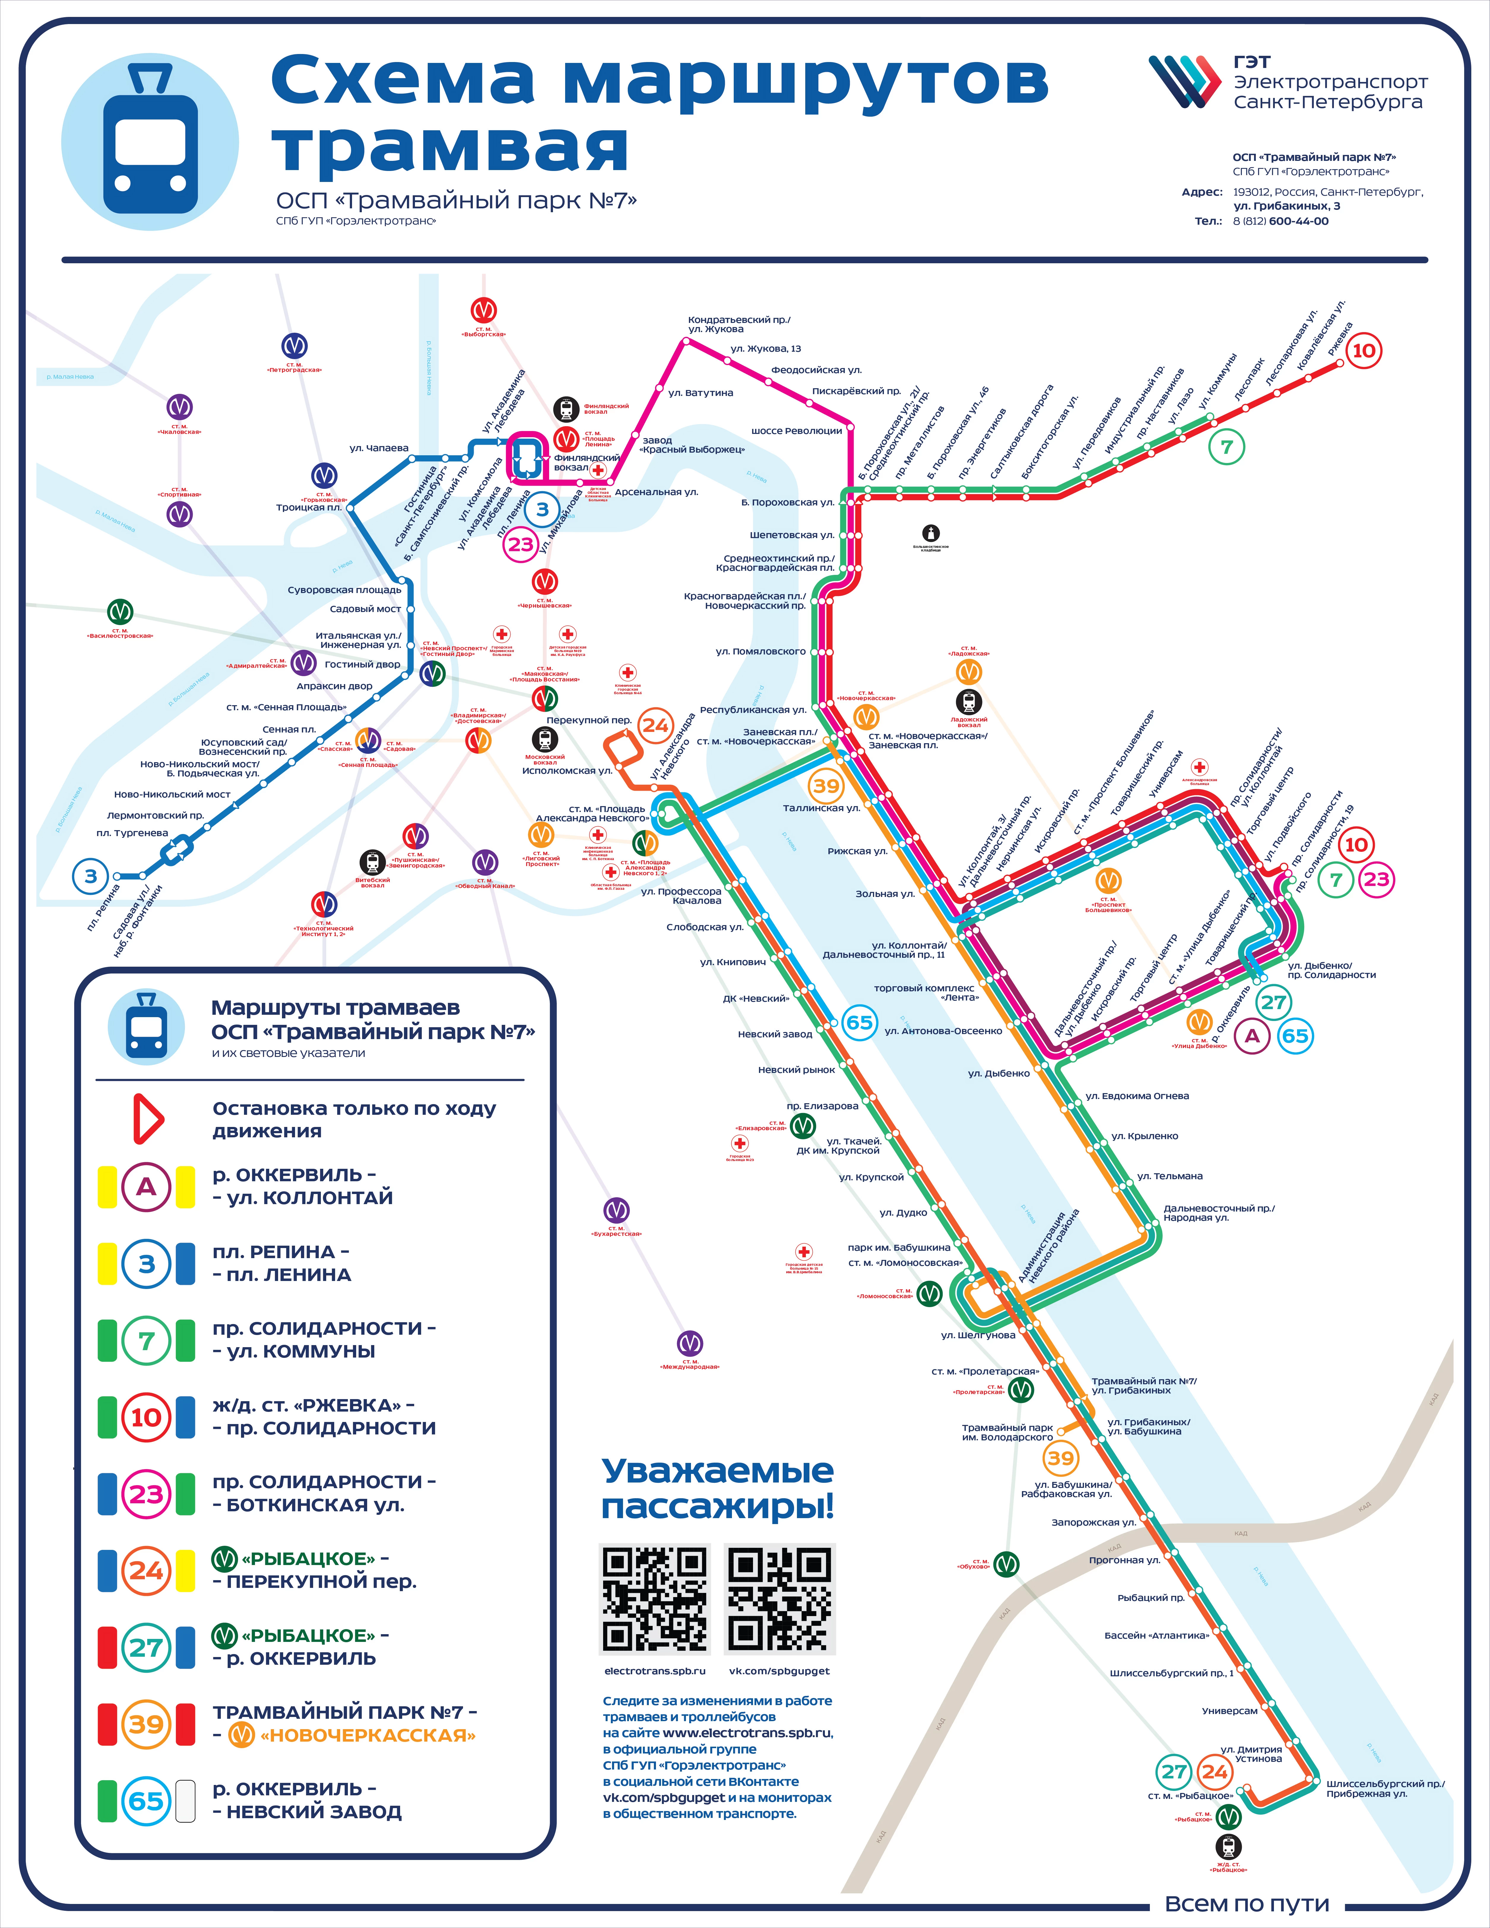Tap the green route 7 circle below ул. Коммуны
click(x=1226, y=447)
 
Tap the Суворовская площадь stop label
click(x=344, y=590)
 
